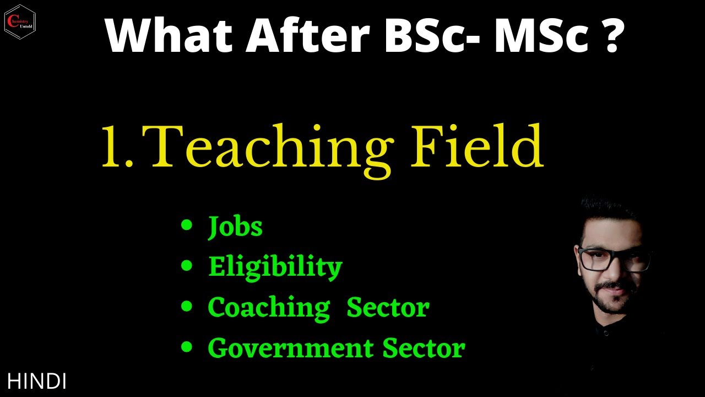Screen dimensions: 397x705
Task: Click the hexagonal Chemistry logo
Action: click(20, 22)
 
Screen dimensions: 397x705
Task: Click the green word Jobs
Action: click(235, 227)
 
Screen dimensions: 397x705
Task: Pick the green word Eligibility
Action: click(275, 267)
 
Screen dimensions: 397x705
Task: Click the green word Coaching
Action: click(268, 308)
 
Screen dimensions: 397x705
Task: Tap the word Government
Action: click(290, 348)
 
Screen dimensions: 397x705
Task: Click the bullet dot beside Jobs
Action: click(187, 225)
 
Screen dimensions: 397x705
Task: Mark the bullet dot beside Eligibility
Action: click(187, 266)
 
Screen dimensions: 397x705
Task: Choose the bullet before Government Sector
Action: click(187, 347)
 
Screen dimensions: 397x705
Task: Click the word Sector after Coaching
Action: click(388, 307)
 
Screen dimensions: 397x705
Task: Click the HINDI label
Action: click(37, 381)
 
